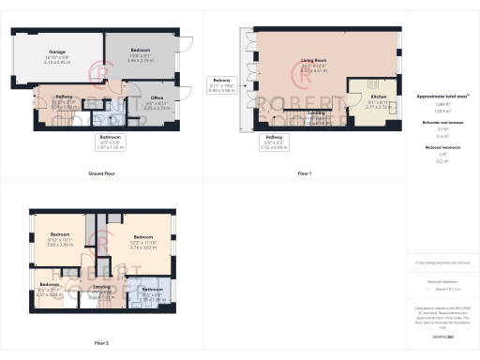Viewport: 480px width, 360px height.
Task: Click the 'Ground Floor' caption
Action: [101, 173]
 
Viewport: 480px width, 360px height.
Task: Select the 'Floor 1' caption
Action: [304, 173]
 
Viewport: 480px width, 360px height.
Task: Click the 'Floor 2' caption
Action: [101, 343]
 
